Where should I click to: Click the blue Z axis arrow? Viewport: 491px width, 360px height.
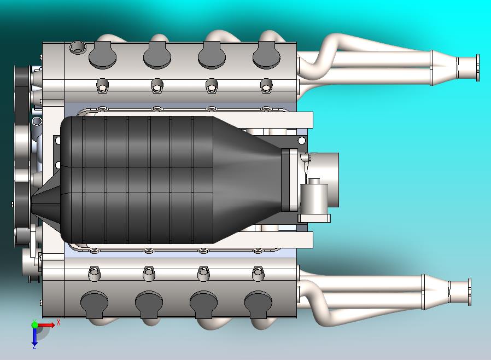(x=34, y=339)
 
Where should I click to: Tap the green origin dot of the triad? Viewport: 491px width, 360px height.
(x=35, y=325)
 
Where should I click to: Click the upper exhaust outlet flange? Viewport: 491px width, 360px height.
(x=477, y=68)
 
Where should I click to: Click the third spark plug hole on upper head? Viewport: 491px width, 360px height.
(x=212, y=85)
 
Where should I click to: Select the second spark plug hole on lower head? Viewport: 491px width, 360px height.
(x=148, y=272)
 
